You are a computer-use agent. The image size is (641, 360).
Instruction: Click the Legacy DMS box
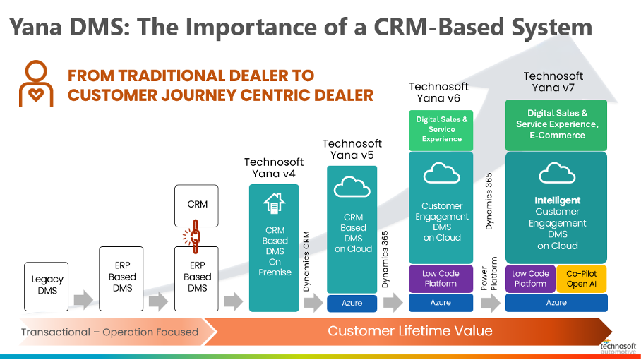click(x=46, y=287)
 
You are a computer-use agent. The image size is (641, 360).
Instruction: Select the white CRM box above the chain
click(x=196, y=205)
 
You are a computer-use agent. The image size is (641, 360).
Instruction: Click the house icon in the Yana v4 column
click(x=275, y=203)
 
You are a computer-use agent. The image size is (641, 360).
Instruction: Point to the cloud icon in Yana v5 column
click(x=352, y=188)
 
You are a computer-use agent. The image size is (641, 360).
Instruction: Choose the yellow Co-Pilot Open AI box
click(x=581, y=279)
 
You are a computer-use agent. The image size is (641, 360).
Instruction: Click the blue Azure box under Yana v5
click(x=352, y=304)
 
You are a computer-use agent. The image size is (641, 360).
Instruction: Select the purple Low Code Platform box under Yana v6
click(x=441, y=279)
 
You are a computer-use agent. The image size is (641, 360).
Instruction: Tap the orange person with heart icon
click(x=36, y=84)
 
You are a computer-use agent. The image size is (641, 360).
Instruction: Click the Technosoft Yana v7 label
click(x=553, y=82)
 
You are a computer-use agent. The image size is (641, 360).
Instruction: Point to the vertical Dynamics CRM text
click(x=306, y=261)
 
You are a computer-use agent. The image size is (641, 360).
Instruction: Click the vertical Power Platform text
click(x=489, y=273)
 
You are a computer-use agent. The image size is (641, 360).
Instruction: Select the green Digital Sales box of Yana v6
click(x=441, y=130)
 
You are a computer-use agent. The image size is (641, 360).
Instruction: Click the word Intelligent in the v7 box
click(x=558, y=200)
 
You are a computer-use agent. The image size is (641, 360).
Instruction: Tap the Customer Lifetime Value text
click(x=410, y=330)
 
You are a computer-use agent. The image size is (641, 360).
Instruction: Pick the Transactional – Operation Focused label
click(x=109, y=332)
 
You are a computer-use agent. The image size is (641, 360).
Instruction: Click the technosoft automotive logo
click(x=618, y=347)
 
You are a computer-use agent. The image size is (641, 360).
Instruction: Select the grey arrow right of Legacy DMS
click(x=84, y=300)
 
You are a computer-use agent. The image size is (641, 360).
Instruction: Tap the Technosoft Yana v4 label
click(x=274, y=167)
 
